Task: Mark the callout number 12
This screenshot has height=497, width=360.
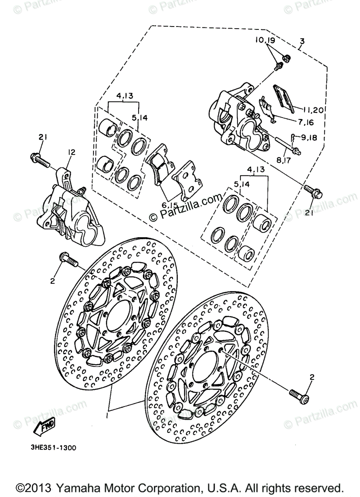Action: (71, 152)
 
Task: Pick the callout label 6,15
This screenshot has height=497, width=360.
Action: (170, 205)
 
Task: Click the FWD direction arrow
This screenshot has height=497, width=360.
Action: (44, 426)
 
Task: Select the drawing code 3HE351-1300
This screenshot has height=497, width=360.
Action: (53, 448)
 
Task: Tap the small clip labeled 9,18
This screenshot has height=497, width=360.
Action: (293, 136)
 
